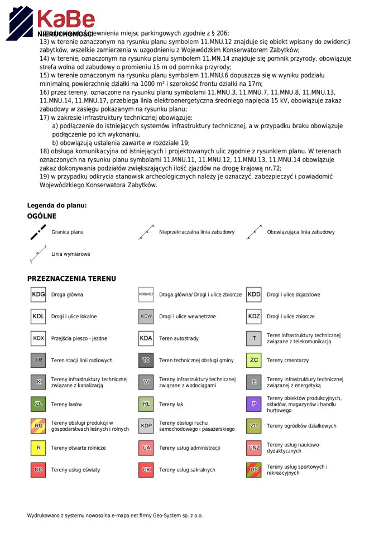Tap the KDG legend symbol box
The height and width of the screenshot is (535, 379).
(x=38, y=294)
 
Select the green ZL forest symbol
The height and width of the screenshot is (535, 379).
(x=38, y=403)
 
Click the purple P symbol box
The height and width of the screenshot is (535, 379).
(x=254, y=403)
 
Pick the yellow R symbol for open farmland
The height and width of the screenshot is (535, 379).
(x=38, y=448)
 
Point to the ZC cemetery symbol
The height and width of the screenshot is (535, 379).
(x=254, y=360)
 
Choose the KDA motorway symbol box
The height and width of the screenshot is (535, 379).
(x=146, y=338)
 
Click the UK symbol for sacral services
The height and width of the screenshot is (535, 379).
(x=146, y=470)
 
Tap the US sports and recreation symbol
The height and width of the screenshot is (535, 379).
(x=254, y=470)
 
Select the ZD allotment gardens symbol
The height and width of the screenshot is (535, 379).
(x=254, y=426)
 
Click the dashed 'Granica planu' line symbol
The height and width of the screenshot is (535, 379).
(x=38, y=232)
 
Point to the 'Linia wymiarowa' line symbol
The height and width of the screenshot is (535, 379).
(x=38, y=254)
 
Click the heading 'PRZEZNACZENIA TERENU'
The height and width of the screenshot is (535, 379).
(x=71, y=278)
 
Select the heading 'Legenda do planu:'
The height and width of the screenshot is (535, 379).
(x=57, y=205)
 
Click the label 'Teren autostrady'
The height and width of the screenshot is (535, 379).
(x=179, y=338)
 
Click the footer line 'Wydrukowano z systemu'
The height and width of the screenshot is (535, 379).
(x=115, y=515)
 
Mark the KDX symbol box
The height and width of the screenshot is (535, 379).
(x=38, y=338)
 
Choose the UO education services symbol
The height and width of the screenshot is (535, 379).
(x=38, y=470)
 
